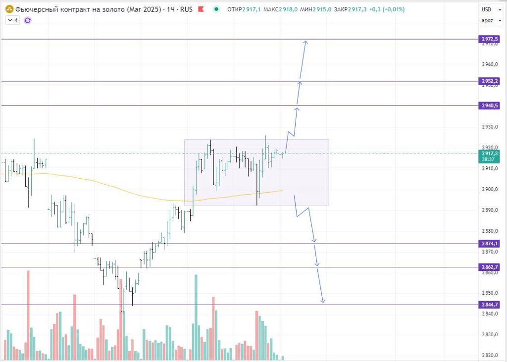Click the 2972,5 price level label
(489, 39)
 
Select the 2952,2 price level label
(489, 81)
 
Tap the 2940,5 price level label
(489, 105)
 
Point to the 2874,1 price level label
(489, 244)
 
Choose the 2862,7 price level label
(489, 267)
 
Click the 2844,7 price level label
(489, 305)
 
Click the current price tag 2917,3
(489, 154)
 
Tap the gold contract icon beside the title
(9, 9)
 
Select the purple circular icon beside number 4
(27, 20)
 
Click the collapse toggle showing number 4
(12, 20)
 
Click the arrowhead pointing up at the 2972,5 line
(306, 43)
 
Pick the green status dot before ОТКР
(216, 9)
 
